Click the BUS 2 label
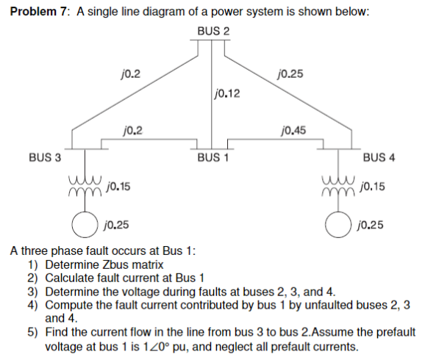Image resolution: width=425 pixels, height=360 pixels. coord(213,31)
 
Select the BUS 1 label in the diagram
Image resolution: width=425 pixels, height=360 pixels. coord(213,158)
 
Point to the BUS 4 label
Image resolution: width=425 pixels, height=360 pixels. coord(379,157)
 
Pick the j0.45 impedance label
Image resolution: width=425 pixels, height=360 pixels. coord(294,132)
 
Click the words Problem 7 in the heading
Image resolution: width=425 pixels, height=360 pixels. coord(36,13)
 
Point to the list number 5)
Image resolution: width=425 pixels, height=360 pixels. coord(32,331)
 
